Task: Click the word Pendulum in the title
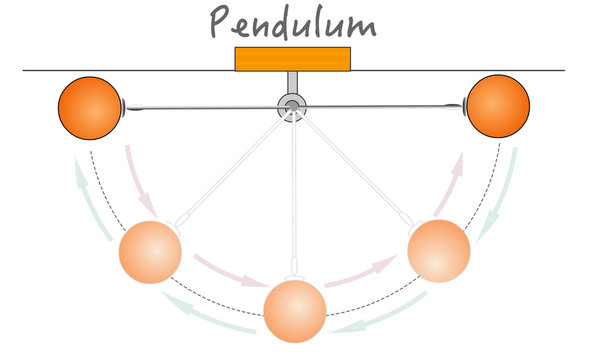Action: coord(292,22)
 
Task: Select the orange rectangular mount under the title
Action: coord(292,59)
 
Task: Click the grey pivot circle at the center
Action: coord(292,105)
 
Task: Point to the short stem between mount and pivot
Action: coord(292,82)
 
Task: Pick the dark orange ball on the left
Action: coord(88,106)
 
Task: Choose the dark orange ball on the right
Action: coord(497,104)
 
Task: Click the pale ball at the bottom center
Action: coord(294,312)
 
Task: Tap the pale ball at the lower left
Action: coord(151,252)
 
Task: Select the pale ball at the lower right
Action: coord(439,250)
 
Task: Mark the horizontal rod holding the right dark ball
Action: coord(385,105)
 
